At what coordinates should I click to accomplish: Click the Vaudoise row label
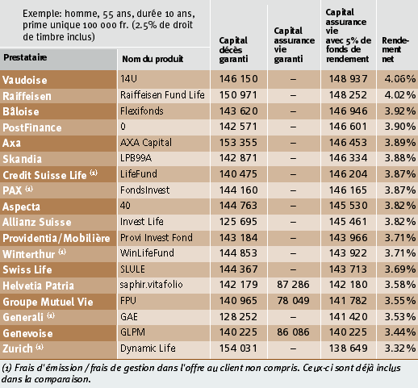click(25, 80)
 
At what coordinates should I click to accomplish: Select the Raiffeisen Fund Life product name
click(162, 95)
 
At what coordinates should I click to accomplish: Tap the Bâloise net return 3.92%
click(400, 111)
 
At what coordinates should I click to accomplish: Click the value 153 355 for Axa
click(238, 143)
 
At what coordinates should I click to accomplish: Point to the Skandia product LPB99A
click(136, 158)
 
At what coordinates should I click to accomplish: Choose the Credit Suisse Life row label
click(50, 175)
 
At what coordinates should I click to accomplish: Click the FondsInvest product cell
click(144, 190)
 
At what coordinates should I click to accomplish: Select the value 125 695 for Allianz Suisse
click(238, 222)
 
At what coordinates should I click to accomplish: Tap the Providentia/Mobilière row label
click(56, 238)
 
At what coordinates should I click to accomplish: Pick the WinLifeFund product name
click(147, 253)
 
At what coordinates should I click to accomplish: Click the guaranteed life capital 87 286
click(293, 285)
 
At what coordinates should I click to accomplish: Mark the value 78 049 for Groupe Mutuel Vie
click(293, 300)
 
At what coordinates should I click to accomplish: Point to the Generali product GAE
click(129, 316)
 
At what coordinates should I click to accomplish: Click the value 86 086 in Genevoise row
click(293, 332)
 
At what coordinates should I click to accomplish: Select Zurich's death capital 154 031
click(238, 348)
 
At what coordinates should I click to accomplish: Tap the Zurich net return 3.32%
click(400, 348)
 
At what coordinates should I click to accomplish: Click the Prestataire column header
click(25, 57)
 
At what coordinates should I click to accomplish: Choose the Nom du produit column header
click(153, 59)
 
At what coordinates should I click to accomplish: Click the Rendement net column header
click(395, 49)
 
